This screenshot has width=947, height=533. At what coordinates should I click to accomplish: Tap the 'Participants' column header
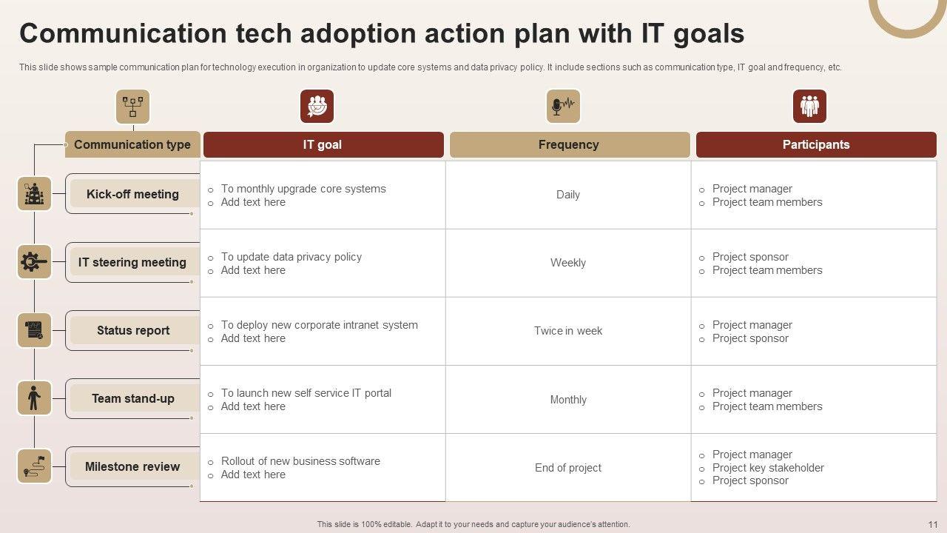click(x=816, y=144)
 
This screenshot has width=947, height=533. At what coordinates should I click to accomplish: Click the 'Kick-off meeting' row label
click(x=132, y=194)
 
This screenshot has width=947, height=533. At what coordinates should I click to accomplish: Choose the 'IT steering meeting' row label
click(x=132, y=262)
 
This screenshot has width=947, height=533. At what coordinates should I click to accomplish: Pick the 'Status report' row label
click(x=133, y=330)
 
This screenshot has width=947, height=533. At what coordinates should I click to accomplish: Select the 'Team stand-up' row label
click(x=133, y=398)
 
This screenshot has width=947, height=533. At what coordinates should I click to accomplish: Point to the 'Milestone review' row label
click(x=132, y=466)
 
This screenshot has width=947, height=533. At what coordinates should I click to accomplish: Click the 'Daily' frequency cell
click(x=567, y=195)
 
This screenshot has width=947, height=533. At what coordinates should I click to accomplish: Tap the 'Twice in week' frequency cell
click(x=567, y=331)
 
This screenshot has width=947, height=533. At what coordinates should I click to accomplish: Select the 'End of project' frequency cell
click(x=567, y=468)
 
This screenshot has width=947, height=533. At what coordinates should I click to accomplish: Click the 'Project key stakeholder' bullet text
click(x=768, y=468)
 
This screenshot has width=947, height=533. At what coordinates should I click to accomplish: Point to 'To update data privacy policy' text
click(x=291, y=257)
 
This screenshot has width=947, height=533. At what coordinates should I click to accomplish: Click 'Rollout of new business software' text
click(x=300, y=461)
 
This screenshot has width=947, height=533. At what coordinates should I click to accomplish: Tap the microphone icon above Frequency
click(x=563, y=106)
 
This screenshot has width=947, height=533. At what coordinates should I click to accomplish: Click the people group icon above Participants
click(x=809, y=106)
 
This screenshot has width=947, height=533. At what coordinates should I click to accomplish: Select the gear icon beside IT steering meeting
click(x=34, y=262)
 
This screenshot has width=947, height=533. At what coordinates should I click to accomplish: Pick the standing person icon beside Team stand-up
click(x=34, y=398)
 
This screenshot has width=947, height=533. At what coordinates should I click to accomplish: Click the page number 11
click(x=933, y=525)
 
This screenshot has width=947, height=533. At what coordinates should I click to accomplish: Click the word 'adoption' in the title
click(x=358, y=34)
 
